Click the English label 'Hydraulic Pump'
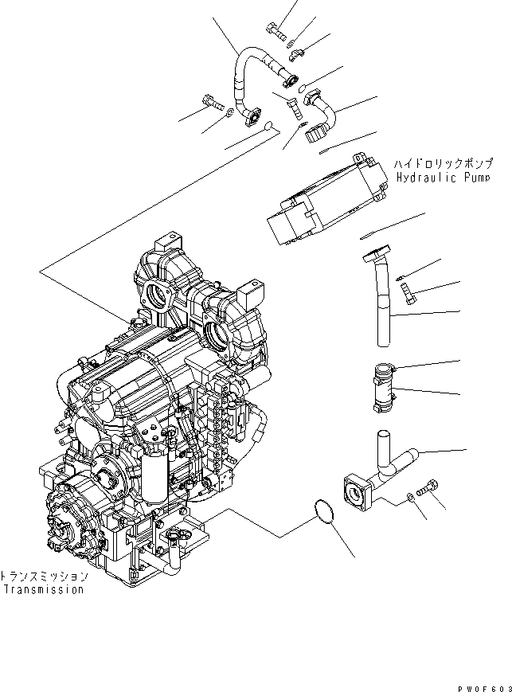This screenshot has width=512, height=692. [437, 178]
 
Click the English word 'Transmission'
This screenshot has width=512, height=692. [43, 590]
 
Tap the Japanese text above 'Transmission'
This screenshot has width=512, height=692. [43, 575]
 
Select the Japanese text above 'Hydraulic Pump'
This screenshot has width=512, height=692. [437, 162]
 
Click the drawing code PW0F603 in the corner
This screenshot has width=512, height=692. [480, 683]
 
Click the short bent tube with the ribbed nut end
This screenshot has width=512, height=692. [321, 113]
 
